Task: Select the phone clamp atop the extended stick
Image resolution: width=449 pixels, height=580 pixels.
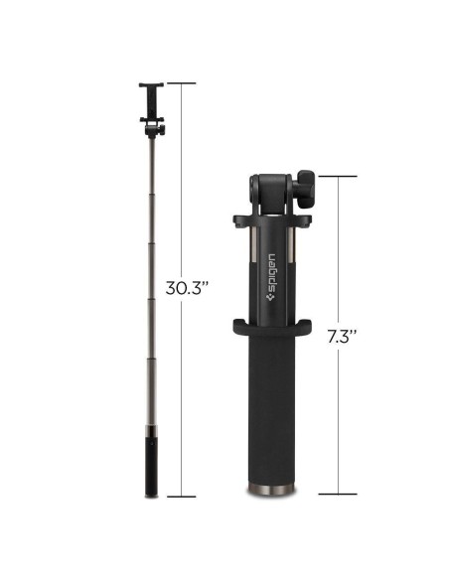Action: pyautogui.click(x=152, y=100)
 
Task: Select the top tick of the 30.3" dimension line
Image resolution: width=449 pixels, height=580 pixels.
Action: pyautogui.click(x=181, y=83)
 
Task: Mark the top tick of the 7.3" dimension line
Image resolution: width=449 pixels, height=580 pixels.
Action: pyautogui.click(x=339, y=177)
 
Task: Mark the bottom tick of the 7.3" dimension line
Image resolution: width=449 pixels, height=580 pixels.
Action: pyautogui.click(x=339, y=494)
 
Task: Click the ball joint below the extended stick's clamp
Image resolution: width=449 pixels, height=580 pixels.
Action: pyautogui.click(x=152, y=128)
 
